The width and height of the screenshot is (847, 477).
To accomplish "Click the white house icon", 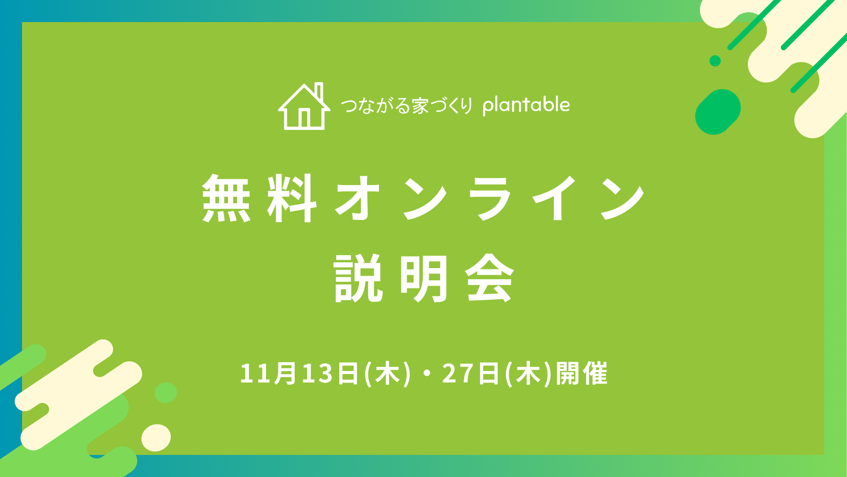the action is coord(304,106).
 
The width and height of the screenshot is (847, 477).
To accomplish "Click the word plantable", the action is coord(526,105).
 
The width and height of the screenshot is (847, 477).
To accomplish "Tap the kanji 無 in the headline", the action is coord(227,198).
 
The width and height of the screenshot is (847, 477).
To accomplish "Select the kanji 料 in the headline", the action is coord(292,198).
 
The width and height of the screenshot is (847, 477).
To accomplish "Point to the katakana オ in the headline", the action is coord(358,198).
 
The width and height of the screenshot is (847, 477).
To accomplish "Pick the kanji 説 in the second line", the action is coord(358,278).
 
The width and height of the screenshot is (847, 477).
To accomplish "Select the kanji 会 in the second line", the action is coord(490,278).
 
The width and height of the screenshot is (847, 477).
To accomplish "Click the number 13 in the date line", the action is coord(317,373).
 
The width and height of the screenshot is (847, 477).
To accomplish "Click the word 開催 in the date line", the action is coord(581,373).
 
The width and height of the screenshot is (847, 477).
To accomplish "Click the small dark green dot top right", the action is coord(715,61).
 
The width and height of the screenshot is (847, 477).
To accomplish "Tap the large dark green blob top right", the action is coord(718,112).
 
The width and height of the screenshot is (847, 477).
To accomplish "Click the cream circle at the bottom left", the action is coord(156,438).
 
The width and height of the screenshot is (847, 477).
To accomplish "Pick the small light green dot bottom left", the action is coord(166,393).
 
